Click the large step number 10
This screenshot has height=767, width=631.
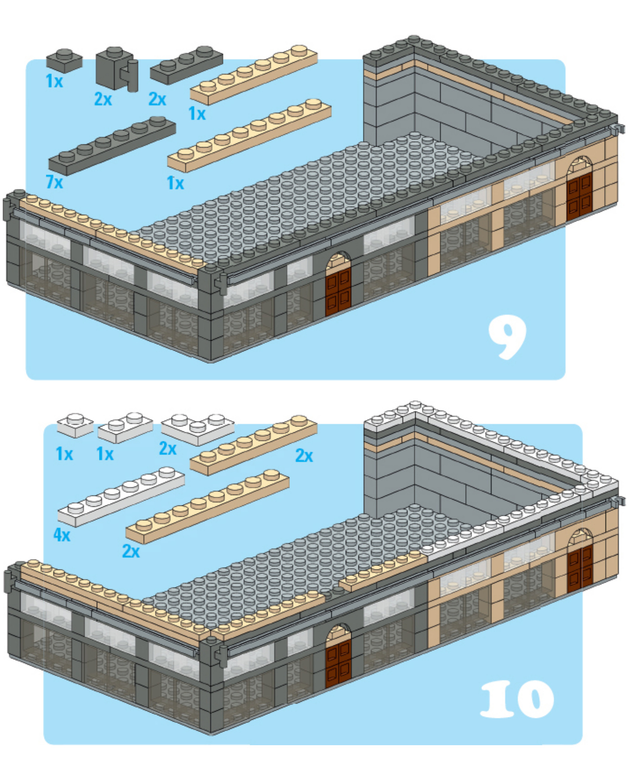pyautogui.click(x=517, y=699)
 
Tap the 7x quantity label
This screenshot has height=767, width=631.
pyautogui.click(x=55, y=182)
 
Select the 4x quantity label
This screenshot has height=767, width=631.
pyautogui.click(x=62, y=535)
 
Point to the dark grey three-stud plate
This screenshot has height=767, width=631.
pyautogui.click(x=186, y=65)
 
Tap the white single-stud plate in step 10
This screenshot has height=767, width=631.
pyautogui.click(x=75, y=425)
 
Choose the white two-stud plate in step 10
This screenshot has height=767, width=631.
pyautogui.click(x=125, y=427)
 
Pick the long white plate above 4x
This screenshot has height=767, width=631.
pyautogui.click(x=121, y=496)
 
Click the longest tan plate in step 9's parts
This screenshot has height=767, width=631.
pyautogui.click(x=249, y=135)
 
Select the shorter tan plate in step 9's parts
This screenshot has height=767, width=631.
pyautogui.click(x=253, y=74)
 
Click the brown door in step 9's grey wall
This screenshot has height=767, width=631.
pyautogui.click(x=338, y=291)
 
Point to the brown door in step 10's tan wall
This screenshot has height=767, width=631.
pyautogui.click(x=580, y=568)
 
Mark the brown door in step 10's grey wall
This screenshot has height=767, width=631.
pyautogui.click(x=338, y=663)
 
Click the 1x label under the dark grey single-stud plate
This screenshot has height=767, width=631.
pyautogui.click(x=55, y=81)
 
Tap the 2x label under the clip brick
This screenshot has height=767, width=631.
pyautogui.click(x=103, y=99)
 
